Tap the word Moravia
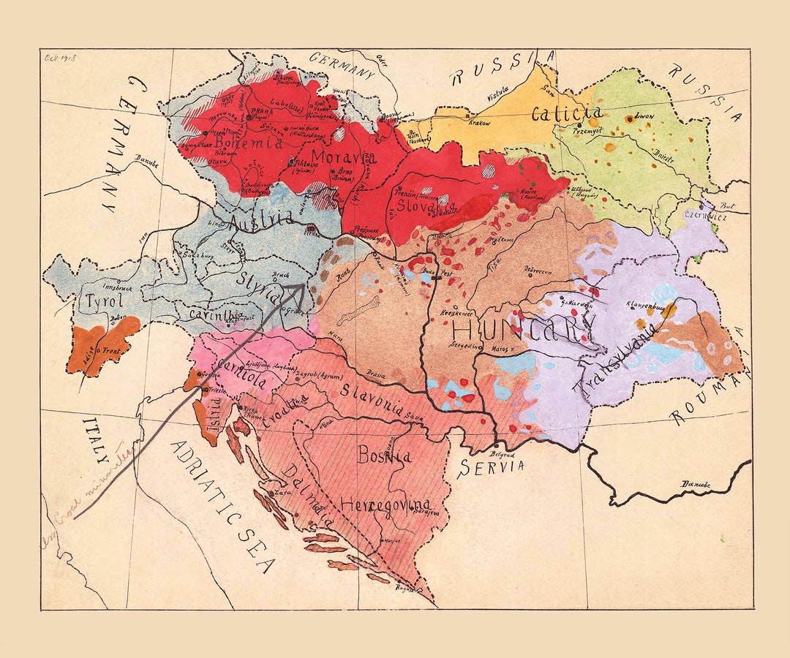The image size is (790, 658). (343, 156)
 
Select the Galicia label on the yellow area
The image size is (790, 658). (567, 113)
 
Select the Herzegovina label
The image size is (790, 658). (385, 504)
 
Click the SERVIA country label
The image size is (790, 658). (492, 465)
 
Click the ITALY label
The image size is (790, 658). (96, 438)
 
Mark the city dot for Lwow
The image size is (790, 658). (628, 118)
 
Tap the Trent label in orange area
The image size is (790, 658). (112, 350)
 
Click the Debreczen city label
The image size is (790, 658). (539, 270)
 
